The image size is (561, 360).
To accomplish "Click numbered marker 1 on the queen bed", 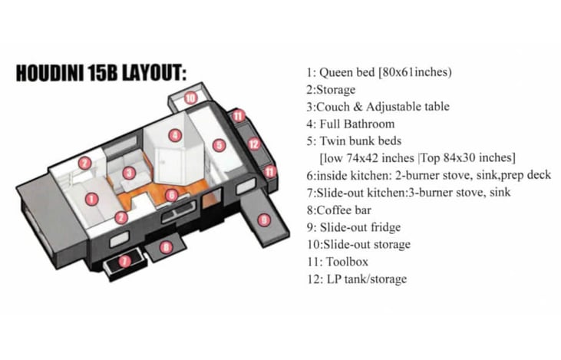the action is point(92,199).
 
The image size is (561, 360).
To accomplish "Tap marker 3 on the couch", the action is point(129,173).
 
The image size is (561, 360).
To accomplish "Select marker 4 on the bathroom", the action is point(175,135).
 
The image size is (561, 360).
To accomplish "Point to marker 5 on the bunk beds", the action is point(219,145).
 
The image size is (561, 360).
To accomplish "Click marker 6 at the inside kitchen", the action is point(172,195).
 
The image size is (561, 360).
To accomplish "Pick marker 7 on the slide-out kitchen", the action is point(124,261).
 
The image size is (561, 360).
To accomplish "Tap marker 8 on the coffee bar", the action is point(166,247).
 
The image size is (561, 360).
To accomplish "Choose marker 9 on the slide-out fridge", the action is point(264,220).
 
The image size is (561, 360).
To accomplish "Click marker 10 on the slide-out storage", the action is point(190,97).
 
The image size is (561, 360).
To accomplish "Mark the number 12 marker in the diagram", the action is point(254,144).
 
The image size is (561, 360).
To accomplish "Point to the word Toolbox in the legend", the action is point(347,262).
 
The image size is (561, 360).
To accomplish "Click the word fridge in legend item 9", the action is point(386,228).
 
